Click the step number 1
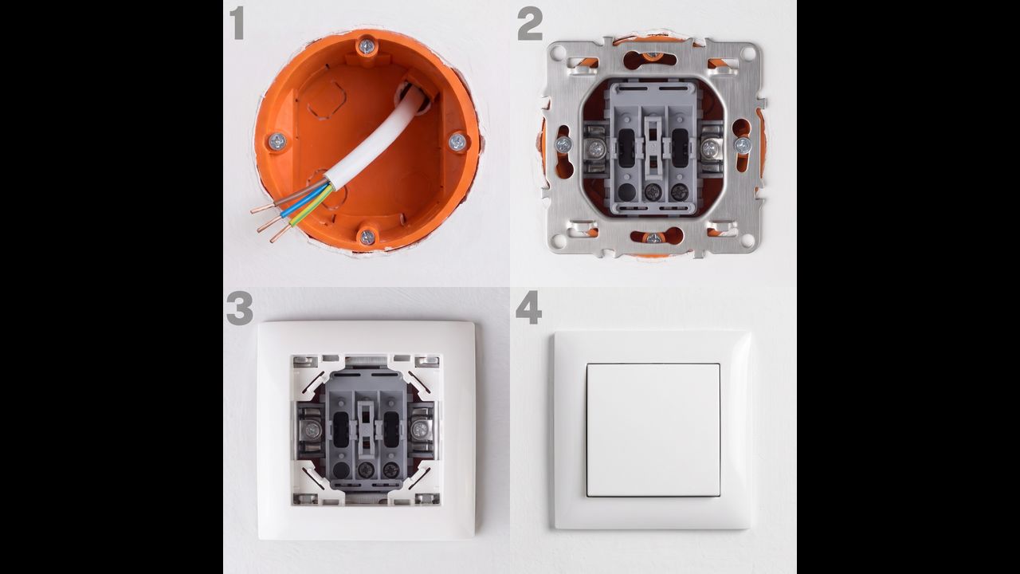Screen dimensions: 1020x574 pos(237,23)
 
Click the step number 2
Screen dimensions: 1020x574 pos(530,24)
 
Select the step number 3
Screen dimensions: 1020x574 pos(240,309)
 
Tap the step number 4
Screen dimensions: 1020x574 pos(528,308)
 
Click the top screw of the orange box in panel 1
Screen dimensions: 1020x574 pos(366,45)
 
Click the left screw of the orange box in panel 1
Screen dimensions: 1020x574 pos(277,142)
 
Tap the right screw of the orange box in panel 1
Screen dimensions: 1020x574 pos(457,142)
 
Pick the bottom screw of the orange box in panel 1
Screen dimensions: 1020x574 pos(367,237)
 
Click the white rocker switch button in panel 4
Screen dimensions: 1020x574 pos(653,430)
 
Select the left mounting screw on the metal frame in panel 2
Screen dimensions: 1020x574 pos(563,145)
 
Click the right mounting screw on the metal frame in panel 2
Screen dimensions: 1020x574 pos(743,145)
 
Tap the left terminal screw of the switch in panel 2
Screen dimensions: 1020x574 pos(594,148)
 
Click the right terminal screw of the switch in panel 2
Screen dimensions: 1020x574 pos(709,147)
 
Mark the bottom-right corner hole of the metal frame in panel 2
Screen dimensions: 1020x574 pos(749,241)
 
